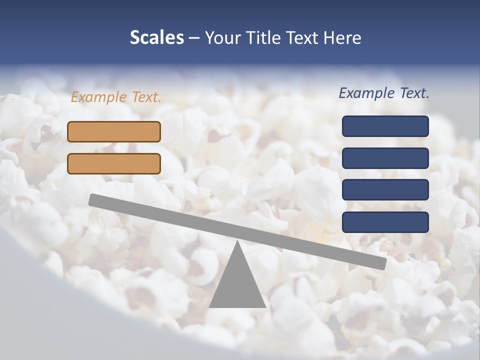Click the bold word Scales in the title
pyautogui.click(x=157, y=37)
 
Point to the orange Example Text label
pyautogui.click(x=116, y=97)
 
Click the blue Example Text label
pyautogui.click(x=384, y=93)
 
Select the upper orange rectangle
pyautogui.click(x=114, y=131)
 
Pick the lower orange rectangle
pyautogui.click(x=114, y=163)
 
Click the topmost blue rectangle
pyautogui.click(x=385, y=126)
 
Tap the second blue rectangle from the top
pyautogui.click(x=385, y=158)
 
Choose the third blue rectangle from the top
pyautogui.click(x=385, y=190)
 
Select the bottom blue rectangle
pyautogui.click(x=385, y=222)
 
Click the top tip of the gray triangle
pyautogui.click(x=237, y=241)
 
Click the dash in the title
pyautogui.click(x=194, y=38)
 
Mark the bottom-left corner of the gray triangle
pyautogui.click(x=210, y=306)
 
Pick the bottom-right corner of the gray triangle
pyautogui.click(x=265, y=306)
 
